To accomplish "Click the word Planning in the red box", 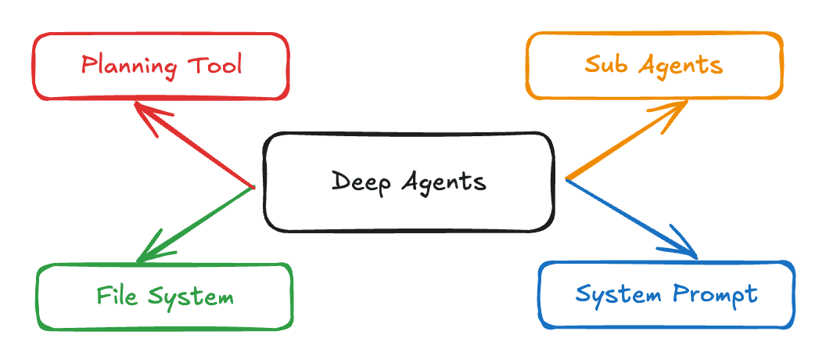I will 127,65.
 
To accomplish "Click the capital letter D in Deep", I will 339,182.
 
